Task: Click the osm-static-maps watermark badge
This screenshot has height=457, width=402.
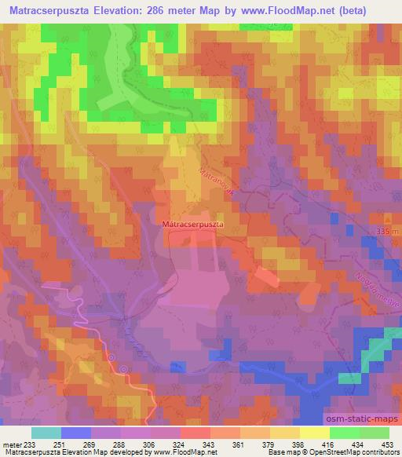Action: [x=367, y=422]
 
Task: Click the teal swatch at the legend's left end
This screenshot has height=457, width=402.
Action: [x=46, y=433]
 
